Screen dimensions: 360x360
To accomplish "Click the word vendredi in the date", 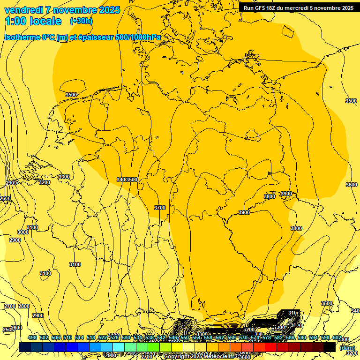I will coord(24,10).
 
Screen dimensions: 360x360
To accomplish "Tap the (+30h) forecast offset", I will coord(81,21).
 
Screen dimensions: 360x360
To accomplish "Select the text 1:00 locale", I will coord(33,21).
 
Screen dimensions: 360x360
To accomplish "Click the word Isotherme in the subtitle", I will coord(22,37).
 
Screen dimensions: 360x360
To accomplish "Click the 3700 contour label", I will coord(160,208).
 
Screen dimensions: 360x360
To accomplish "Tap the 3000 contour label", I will coord(22,232).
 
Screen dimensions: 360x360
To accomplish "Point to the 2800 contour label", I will coord(23,306).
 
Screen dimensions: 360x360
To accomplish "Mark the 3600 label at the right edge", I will coord(352,185).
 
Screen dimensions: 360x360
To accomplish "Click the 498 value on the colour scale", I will coord(32,338).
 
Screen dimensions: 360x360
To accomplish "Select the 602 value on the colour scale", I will coord(337,338).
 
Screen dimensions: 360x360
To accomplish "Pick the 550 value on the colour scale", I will coord(185,338).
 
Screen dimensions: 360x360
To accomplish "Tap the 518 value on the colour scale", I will coord(91,338).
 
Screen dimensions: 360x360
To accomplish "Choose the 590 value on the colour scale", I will coord(302,338).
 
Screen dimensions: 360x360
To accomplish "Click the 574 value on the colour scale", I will coord(255,338).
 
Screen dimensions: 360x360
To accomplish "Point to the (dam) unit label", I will coord(347,347).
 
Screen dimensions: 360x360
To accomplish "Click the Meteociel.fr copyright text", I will coord(202,357).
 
